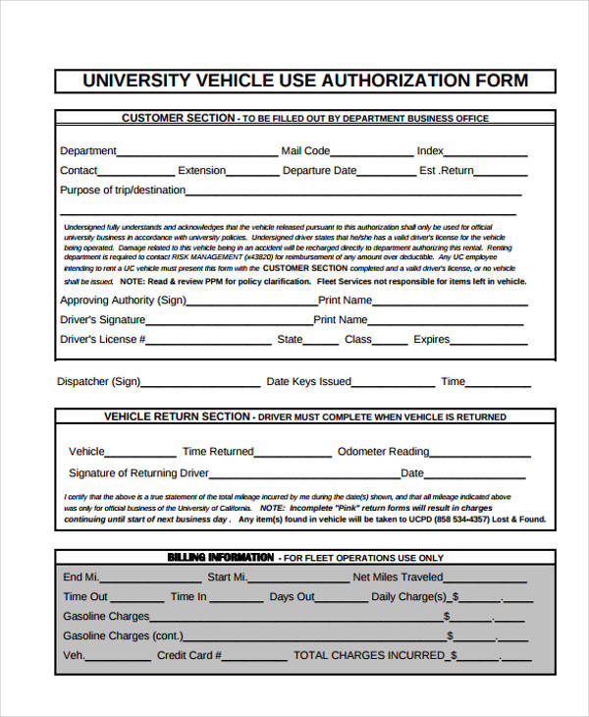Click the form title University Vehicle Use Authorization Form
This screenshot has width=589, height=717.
pyautogui.click(x=304, y=81)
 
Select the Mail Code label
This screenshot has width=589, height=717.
pyautogui.click(x=305, y=151)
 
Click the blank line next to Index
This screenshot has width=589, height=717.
pyautogui.click(x=487, y=154)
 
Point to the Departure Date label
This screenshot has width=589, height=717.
pyautogui.click(x=319, y=171)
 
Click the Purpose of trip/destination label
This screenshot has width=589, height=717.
pyautogui.click(x=123, y=191)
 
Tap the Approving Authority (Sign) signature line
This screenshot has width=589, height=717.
pyautogui.click(x=252, y=303)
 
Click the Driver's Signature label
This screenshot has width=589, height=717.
pyautogui.click(x=102, y=320)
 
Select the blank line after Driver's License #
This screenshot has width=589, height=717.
pyautogui.click(x=210, y=343)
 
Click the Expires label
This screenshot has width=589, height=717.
pyautogui.click(x=431, y=340)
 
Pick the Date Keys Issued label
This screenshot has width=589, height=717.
pyautogui.click(x=308, y=382)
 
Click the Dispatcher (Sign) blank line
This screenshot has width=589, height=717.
pyautogui.click(x=201, y=385)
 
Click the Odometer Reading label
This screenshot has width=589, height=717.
pyautogui.click(x=383, y=452)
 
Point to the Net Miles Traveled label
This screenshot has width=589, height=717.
pyautogui.click(x=398, y=578)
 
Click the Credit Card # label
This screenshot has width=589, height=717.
pyautogui.click(x=189, y=655)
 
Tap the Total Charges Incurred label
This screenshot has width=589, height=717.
pyautogui.click(x=374, y=655)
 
